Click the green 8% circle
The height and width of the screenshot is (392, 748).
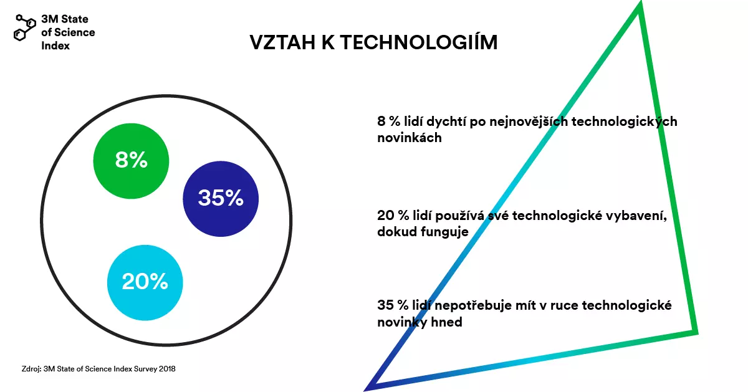pos(131,160)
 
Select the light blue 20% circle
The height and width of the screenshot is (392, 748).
pos(145,282)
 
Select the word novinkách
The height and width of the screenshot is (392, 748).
pos(410,138)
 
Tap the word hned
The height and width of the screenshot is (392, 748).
pos(446,323)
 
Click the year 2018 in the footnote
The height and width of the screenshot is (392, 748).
pos(166,368)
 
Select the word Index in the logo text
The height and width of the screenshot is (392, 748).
pos(55,45)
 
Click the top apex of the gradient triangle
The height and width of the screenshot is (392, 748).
pos(638,7)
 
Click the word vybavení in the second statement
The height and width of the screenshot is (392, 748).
pos(641,216)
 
